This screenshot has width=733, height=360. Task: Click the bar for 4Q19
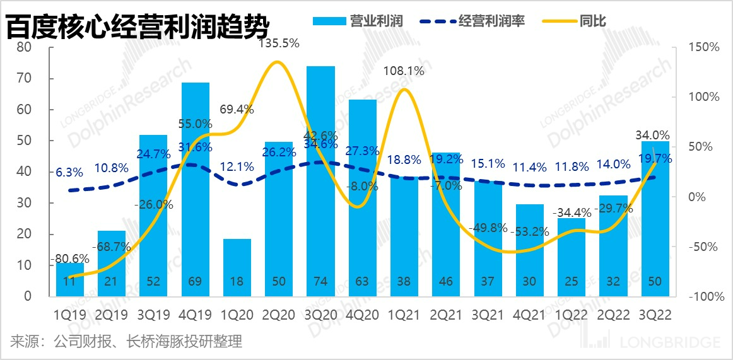[x=196, y=189]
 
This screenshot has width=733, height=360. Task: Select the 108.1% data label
[x=404, y=71]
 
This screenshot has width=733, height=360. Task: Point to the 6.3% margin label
[x=69, y=171]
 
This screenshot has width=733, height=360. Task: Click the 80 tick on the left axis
[x=25, y=48]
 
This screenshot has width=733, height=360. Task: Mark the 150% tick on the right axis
[x=704, y=48]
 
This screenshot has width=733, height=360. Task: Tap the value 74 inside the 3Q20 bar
[x=320, y=281]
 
